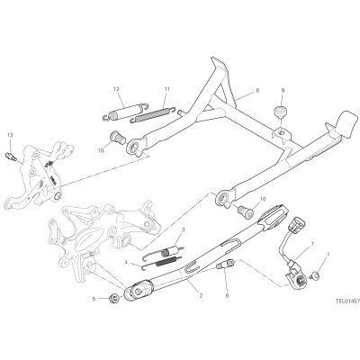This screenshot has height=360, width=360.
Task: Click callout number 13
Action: pos(10,135)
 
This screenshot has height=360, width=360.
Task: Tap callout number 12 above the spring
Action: pos(116,89)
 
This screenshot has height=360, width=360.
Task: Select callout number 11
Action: pos(167,89)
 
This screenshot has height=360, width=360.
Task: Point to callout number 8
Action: pos(257,90)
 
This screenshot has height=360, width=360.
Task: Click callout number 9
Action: pos(283,90)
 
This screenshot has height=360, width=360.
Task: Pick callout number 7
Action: pos(312,243)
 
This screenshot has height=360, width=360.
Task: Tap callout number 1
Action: pos(328,254)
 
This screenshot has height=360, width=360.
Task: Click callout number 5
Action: pos(94,299)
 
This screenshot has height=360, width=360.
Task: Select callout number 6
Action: pos(227,296)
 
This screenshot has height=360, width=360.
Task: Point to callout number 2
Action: pos(201,295)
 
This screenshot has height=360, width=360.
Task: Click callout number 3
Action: pos(183,230)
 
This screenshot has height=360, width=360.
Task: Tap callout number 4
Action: pos(126,262)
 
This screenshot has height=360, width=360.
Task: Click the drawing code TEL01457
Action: pos(347,300)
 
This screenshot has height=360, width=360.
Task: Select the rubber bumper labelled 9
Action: pos(280,112)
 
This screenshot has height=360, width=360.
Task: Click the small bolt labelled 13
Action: pos(10,156)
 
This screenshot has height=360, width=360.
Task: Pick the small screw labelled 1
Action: pos(315,274)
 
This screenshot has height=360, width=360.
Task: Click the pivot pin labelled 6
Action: pos(227,265)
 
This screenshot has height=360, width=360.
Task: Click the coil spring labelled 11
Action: pos(153,114)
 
